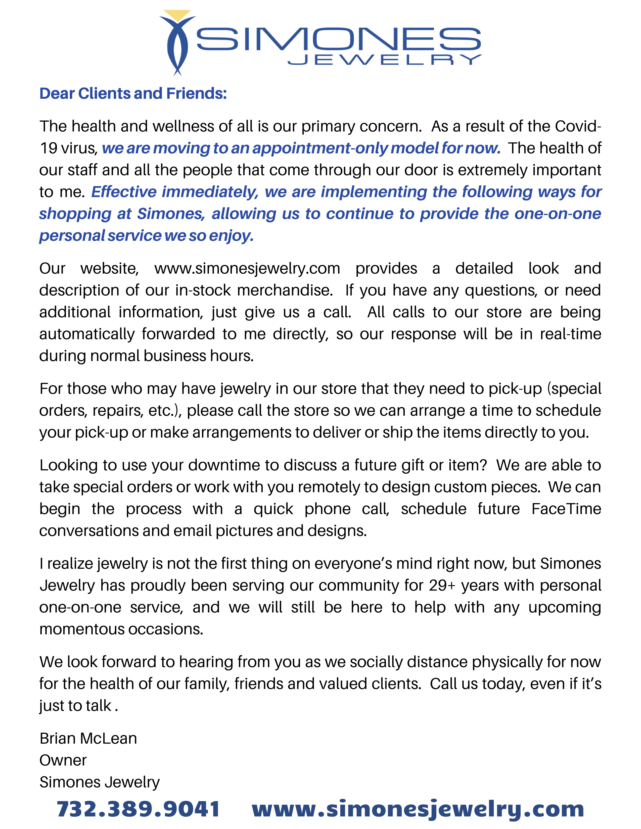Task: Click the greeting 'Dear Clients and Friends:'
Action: [x=133, y=93]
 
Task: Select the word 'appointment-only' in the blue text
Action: [x=319, y=148]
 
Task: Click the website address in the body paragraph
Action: [x=247, y=268]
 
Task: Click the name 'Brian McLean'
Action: [x=88, y=738]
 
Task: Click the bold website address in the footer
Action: [x=418, y=809]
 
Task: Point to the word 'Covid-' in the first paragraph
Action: [x=578, y=126]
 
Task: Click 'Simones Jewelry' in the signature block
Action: [x=100, y=782]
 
